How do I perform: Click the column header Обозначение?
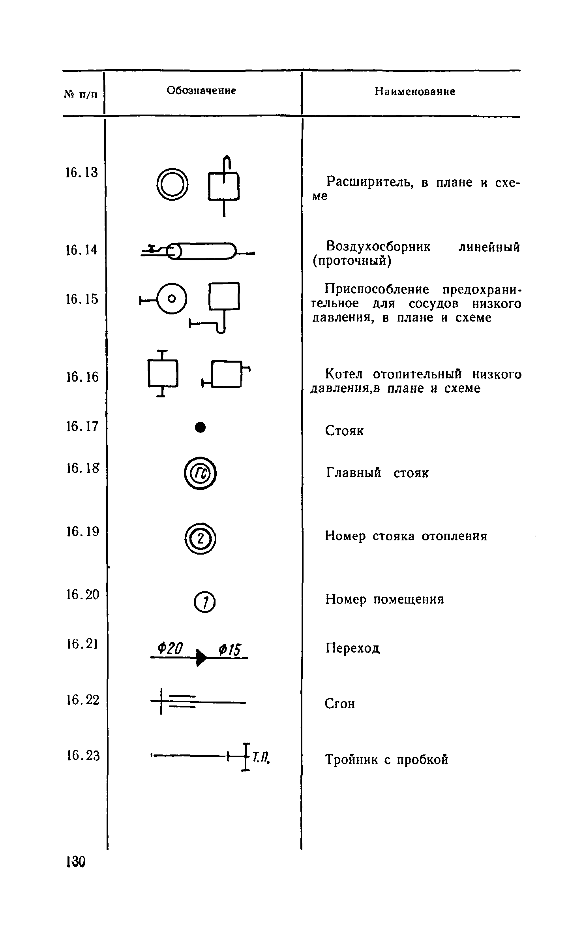click(x=201, y=90)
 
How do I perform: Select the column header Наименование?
click(x=415, y=92)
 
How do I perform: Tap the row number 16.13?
click(x=81, y=172)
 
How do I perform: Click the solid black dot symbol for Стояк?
click(x=201, y=427)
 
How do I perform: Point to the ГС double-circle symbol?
click(x=200, y=473)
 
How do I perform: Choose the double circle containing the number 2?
click(x=201, y=539)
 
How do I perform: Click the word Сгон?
click(x=340, y=704)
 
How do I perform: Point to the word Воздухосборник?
click(x=379, y=247)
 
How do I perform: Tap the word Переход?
click(x=352, y=648)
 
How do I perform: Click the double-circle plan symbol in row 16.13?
click(x=172, y=184)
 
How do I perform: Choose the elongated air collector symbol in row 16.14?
click(x=201, y=250)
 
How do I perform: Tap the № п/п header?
click(x=81, y=95)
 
